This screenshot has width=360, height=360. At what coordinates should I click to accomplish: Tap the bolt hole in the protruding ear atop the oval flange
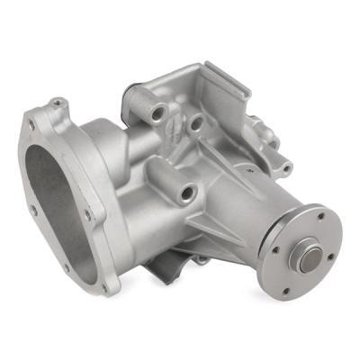pyautogui.click(x=56, y=104)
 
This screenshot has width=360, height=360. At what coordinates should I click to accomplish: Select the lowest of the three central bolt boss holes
pyautogui.click(x=186, y=191)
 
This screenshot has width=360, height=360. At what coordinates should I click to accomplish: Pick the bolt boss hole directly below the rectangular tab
pyautogui.click(x=195, y=121)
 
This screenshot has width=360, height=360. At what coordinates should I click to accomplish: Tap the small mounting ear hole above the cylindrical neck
pyautogui.click(x=285, y=166)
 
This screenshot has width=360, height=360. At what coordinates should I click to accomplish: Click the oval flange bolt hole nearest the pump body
pyautogui.click(x=87, y=214)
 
